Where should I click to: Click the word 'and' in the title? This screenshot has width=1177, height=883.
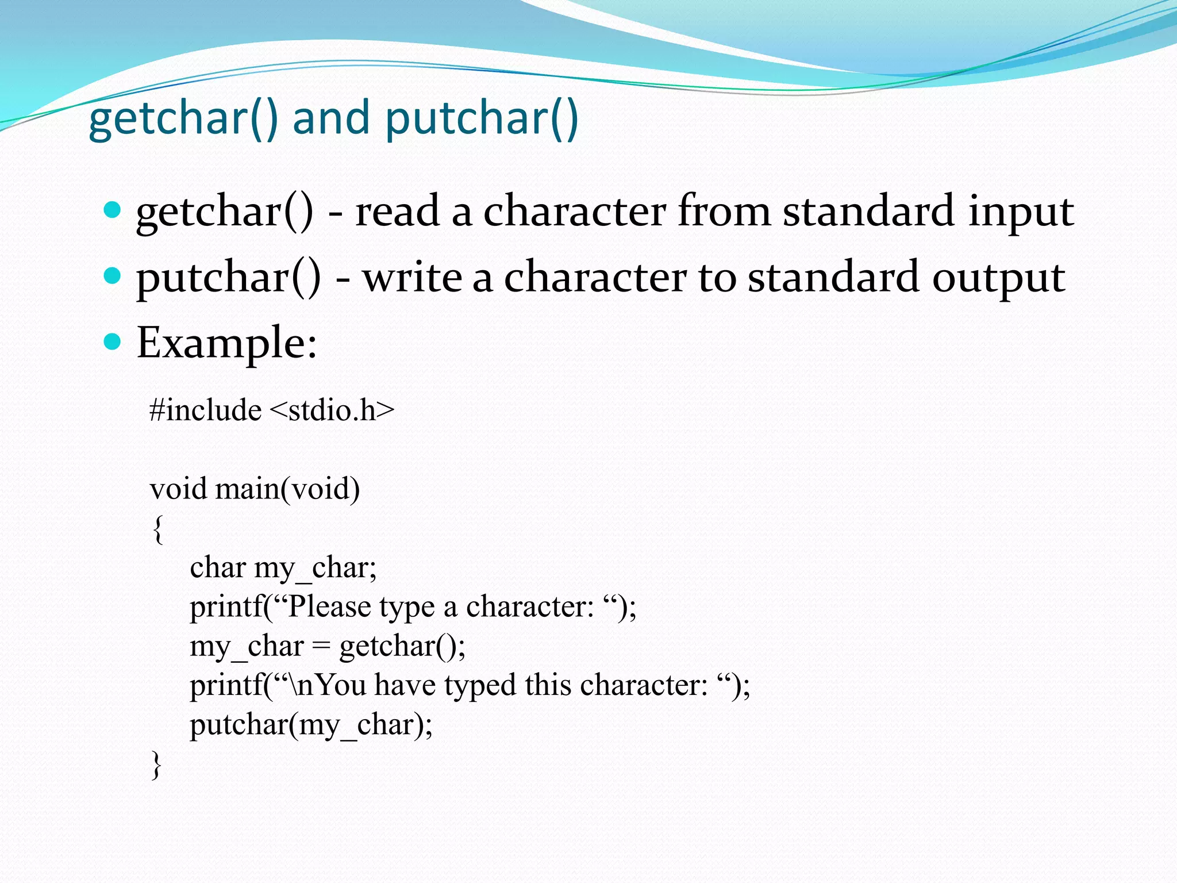coord(330,118)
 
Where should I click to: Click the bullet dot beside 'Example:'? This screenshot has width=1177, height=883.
coord(113,342)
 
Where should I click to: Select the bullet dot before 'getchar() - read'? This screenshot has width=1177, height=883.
coord(113,210)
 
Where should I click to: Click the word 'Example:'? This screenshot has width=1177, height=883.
coord(226,343)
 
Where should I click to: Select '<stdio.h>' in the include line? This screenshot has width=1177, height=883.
coord(332,410)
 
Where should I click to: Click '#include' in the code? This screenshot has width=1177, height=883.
coord(205,410)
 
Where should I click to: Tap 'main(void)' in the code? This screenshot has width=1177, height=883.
coord(287,489)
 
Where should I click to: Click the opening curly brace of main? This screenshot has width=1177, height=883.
coord(158,529)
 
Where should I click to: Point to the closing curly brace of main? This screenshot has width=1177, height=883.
coord(156,765)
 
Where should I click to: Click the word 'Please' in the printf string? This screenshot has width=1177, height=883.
coord(329,607)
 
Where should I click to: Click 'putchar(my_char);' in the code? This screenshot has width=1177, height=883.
coord(311,725)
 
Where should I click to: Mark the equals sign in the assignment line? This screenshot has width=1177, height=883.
coord(321,647)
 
